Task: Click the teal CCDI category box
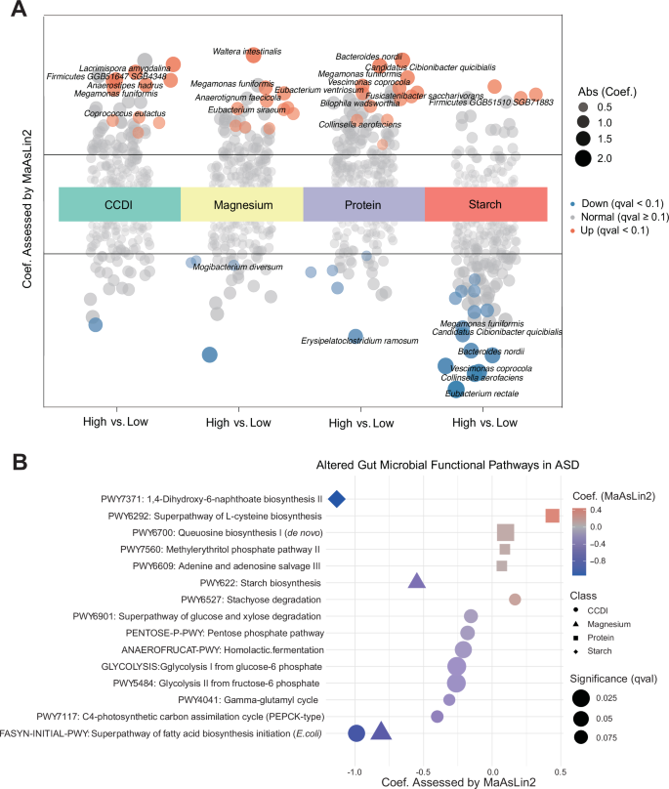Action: click(x=119, y=204)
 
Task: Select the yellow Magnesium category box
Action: click(x=242, y=204)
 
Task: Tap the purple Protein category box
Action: click(x=363, y=204)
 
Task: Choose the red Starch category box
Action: click(x=484, y=204)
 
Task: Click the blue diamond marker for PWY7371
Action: click(x=337, y=499)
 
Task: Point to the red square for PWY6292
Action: click(x=552, y=516)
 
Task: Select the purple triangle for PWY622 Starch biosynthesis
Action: click(x=416, y=582)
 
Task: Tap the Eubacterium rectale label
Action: click(x=481, y=394)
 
